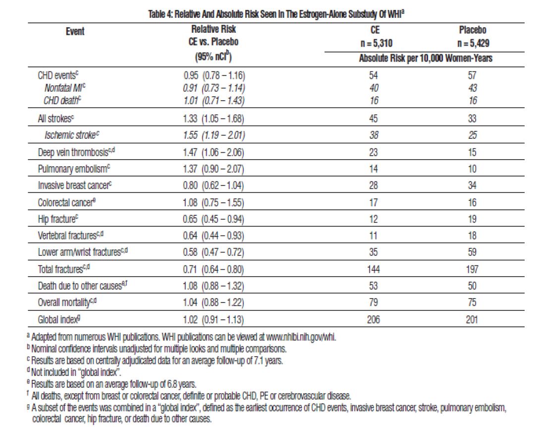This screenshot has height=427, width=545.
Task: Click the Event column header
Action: (x=75, y=31)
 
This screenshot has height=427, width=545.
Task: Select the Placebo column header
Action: (x=472, y=30)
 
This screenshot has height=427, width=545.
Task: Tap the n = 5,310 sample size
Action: (x=376, y=44)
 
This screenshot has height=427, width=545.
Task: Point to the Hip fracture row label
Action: (x=57, y=219)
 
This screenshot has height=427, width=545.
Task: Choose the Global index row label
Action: (x=59, y=319)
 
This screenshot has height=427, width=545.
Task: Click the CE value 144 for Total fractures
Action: (x=373, y=269)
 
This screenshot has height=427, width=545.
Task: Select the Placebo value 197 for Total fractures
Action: (x=472, y=269)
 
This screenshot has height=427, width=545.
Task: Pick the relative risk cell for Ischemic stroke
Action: (x=214, y=135)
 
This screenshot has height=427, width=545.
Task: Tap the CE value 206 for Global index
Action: (x=373, y=319)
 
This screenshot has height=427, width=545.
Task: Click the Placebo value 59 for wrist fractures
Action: (x=472, y=252)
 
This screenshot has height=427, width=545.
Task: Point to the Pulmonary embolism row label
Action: (x=74, y=169)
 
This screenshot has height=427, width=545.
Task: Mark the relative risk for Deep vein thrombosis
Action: (x=214, y=152)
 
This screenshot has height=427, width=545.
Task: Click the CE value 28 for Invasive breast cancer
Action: (x=373, y=185)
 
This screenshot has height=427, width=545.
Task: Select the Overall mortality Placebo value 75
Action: (x=472, y=302)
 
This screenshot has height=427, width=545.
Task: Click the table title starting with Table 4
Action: (x=276, y=14)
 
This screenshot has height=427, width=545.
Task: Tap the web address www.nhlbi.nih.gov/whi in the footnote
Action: (x=301, y=337)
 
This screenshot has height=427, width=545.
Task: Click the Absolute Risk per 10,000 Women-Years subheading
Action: (x=426, y=58)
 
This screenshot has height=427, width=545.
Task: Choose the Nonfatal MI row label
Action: (x=65, y=88)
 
